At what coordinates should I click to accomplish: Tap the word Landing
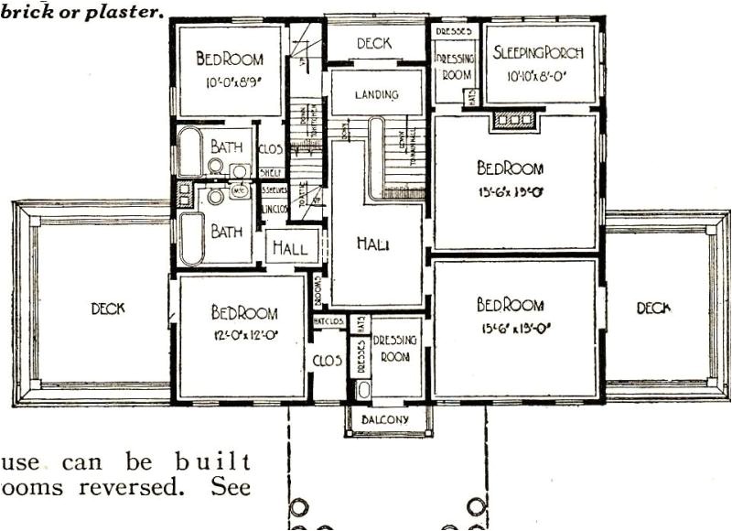[x=377, y=94]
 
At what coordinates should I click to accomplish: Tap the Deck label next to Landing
[x=374, y=42]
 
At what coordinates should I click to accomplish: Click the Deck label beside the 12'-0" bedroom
[x=108, y=309]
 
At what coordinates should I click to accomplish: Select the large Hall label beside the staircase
[x=375, y=244]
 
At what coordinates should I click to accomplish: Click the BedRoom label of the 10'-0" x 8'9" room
[x=230, y=60]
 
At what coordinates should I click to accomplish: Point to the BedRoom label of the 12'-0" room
[x=244, y=312]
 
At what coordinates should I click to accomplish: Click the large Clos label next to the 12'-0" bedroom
[x=328, y=362]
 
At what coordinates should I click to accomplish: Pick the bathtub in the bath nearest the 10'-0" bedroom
[x=191, y=153]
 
